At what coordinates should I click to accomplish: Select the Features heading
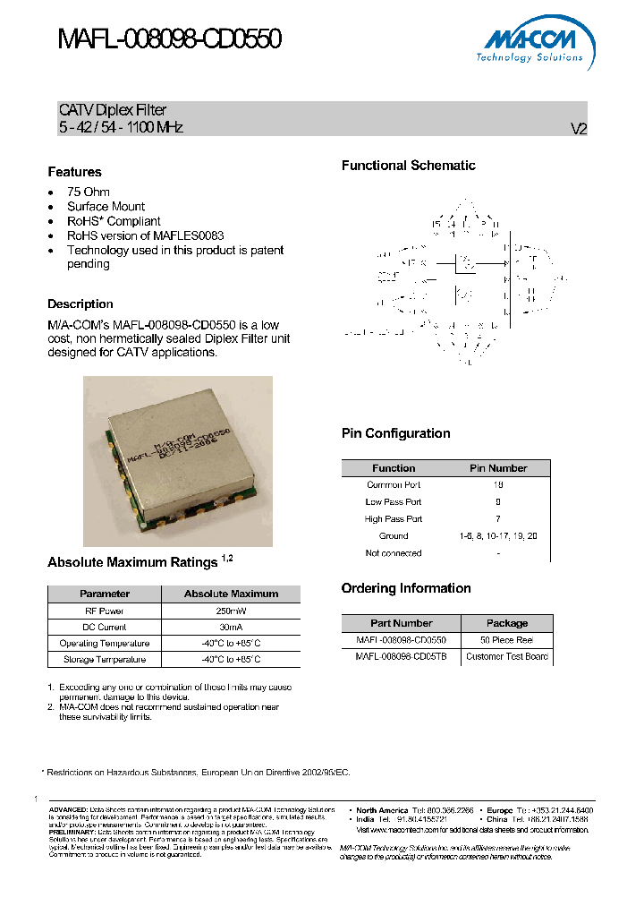(74, 172)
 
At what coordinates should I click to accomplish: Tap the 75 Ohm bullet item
(89, 192)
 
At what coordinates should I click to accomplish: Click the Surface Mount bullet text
(106, 207)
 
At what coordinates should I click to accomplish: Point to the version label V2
(579, 129)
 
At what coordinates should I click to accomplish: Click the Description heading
(80, 304)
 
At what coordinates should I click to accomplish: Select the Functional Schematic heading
(409, 166)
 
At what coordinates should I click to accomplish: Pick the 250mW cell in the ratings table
(231, 611)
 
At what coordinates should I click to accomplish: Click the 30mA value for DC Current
(231, 627)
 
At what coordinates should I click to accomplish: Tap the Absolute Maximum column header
(231, 594)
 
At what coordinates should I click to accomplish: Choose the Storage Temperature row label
(104, 660)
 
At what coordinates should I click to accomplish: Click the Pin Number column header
(498, 468)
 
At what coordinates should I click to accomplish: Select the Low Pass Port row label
(394, 502)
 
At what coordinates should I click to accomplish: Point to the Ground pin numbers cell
(498, 535)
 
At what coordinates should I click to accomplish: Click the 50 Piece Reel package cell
(506, 640)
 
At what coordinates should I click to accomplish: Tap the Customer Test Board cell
(506, 656)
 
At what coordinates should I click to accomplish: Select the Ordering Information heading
(406, 588)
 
